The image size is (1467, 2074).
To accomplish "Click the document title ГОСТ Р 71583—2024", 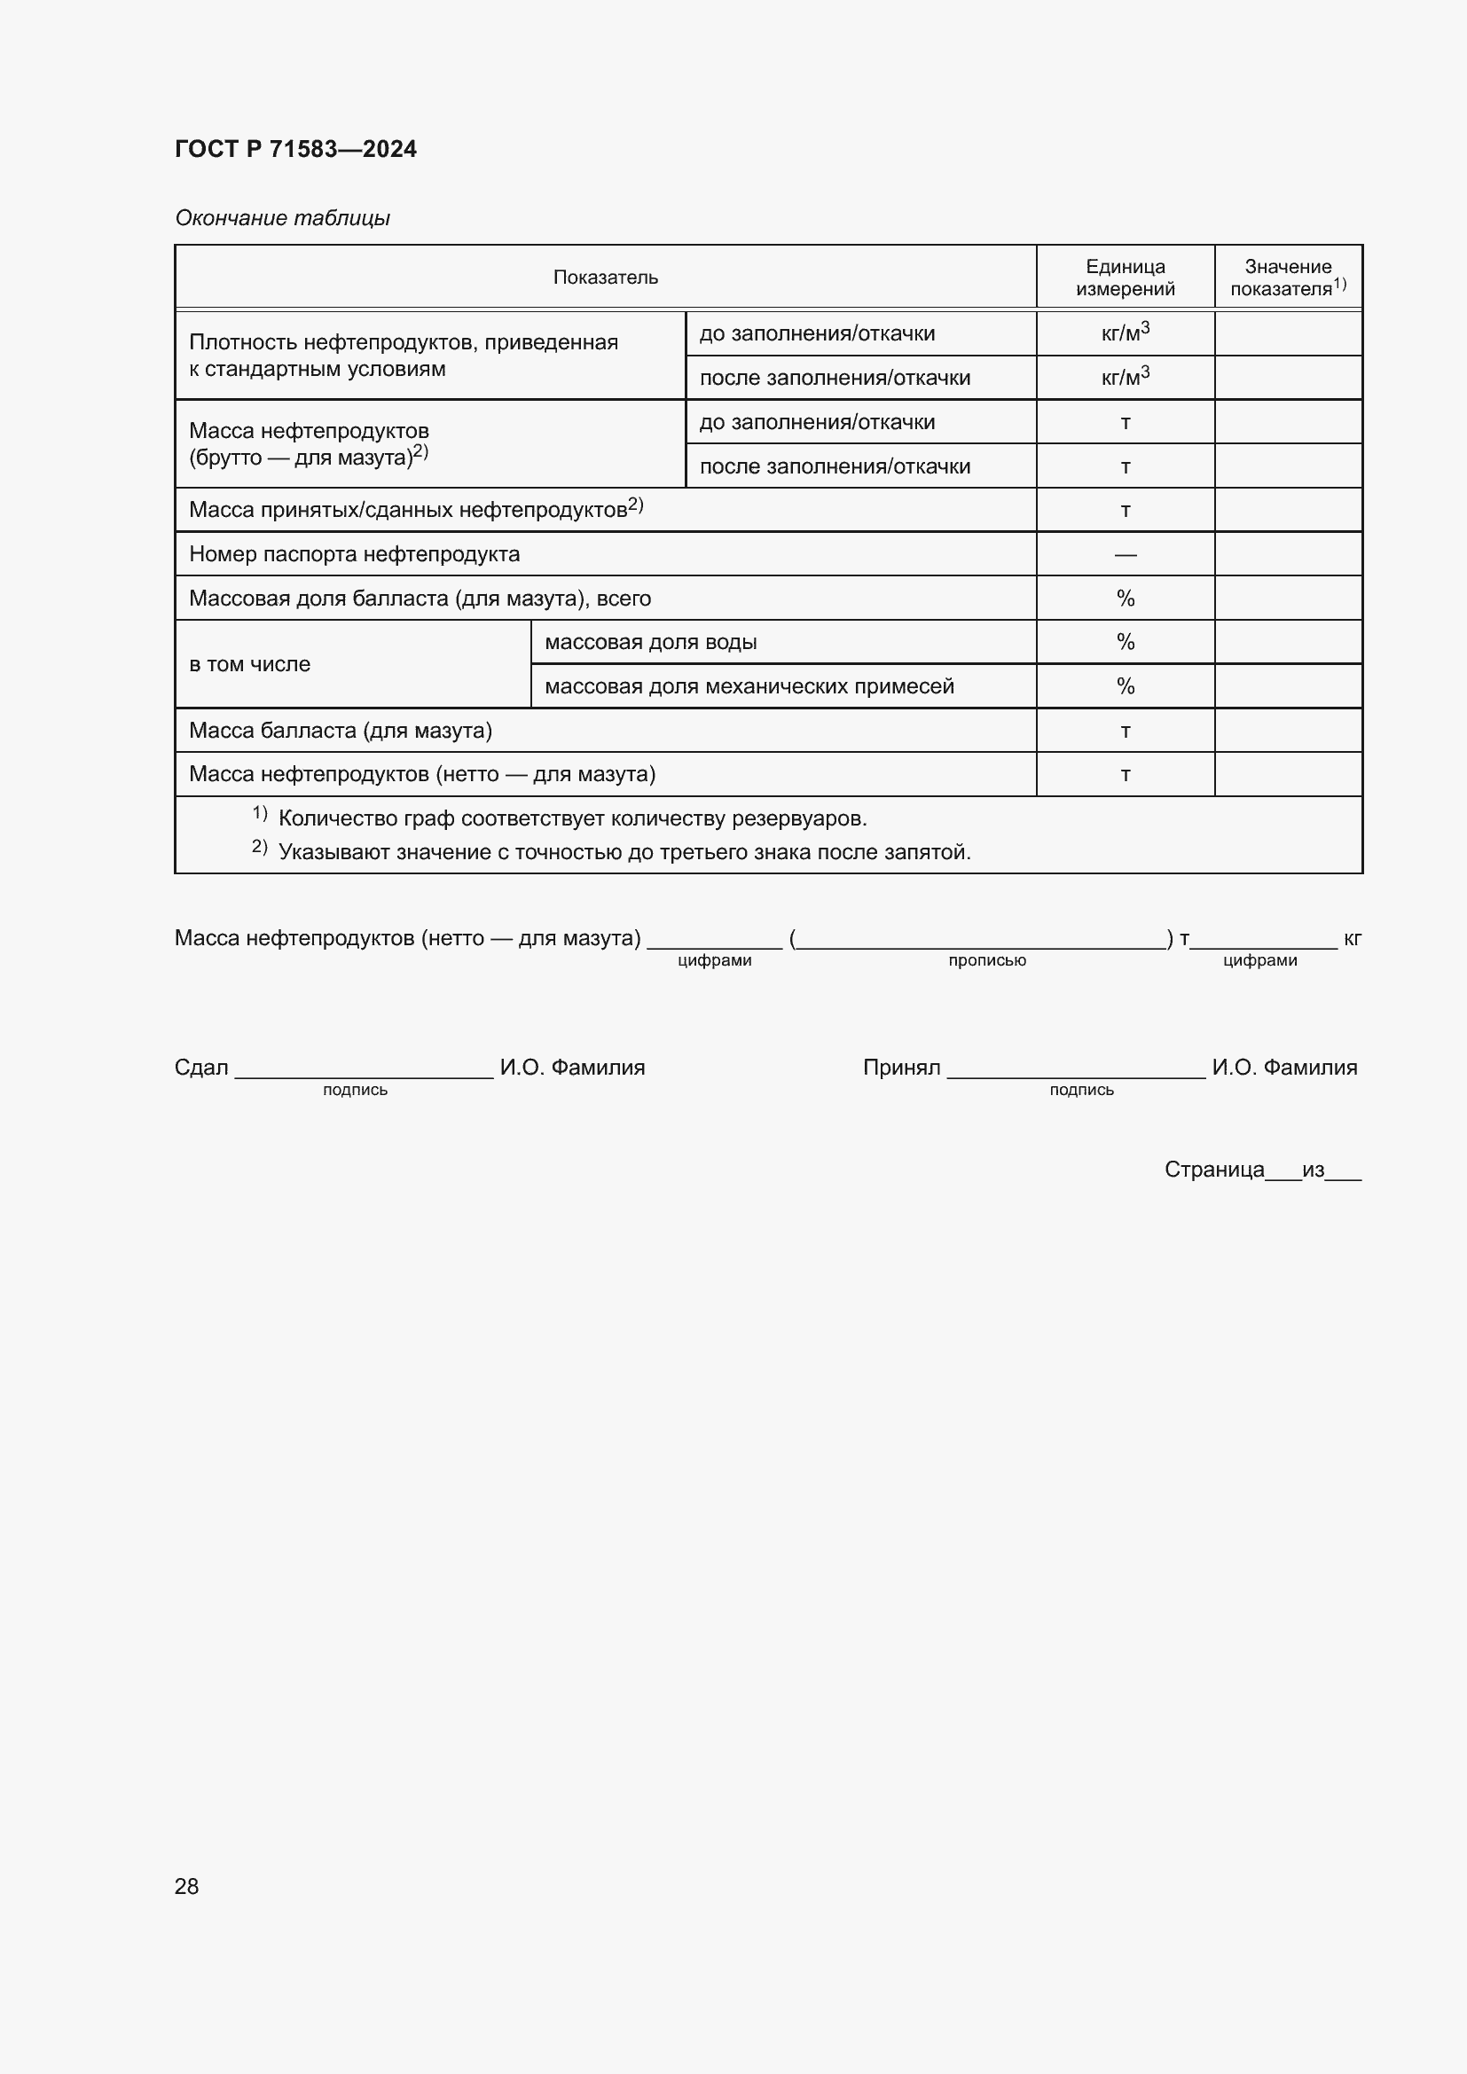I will pos(295,149).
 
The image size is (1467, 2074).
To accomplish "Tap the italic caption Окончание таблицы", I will pos(282,218).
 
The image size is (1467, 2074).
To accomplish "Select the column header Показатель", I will pos(605,278).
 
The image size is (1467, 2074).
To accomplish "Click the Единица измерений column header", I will pos(1125,278).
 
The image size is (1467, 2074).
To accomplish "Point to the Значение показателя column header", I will pos(1287,278).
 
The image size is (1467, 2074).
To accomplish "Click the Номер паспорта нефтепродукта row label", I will pos(354,553).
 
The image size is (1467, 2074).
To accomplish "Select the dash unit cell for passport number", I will pos(1125,553).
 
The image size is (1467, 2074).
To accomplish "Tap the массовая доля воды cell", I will pos(650,642).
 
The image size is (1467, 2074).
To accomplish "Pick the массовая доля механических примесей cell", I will pos(749,686).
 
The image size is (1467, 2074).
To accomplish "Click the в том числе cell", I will pos(249,664).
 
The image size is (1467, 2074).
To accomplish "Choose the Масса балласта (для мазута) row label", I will pos(341,730).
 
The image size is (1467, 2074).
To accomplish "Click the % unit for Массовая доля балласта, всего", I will pos(1125,598).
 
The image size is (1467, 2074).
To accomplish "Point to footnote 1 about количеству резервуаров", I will pos(572,818).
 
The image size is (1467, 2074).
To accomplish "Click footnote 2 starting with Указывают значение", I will pos(624,852).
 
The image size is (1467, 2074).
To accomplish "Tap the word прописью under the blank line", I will pos(986,960).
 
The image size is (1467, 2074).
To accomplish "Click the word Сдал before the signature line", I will pos(200,1068).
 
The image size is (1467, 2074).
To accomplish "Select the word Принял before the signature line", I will pos(900,1068).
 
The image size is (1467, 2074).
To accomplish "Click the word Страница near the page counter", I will pos(1213,1170).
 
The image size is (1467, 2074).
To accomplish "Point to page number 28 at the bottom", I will pos(186,1886).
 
